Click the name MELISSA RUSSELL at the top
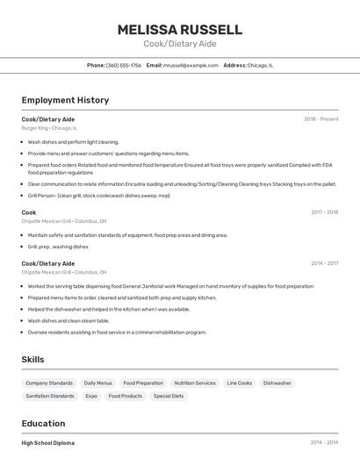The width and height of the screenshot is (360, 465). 180,29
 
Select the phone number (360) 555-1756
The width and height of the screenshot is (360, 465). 124,65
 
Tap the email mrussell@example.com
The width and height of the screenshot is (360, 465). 191,65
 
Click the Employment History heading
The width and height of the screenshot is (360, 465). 65,100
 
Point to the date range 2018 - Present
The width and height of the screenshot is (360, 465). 320,119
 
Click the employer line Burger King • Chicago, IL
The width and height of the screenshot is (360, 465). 49,128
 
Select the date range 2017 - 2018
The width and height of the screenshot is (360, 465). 324,212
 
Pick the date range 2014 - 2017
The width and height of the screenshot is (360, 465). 324,263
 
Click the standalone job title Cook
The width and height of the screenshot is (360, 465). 29,212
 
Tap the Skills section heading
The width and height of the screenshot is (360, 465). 32,360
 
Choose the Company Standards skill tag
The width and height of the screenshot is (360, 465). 49,383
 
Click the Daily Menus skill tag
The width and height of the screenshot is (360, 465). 98,383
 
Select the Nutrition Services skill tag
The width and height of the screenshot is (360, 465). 195,383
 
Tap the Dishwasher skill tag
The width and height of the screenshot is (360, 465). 277,383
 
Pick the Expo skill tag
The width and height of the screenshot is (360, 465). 91,397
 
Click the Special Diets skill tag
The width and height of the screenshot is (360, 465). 169,397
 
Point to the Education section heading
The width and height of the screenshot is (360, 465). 43,423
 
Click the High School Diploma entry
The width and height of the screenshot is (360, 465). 48,443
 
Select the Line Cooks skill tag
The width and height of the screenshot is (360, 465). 240,383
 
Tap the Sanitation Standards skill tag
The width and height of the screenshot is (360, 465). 50,397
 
